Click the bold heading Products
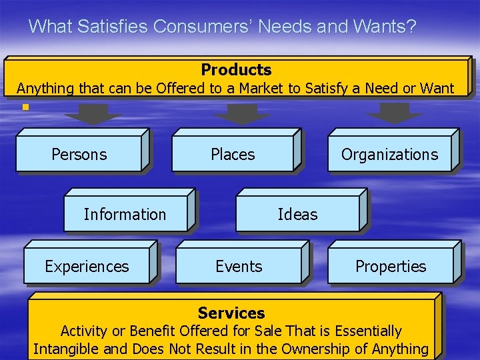[x=236, y=70]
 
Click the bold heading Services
[x=231, y=313]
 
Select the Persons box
[x=79, y=155]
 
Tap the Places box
[x=233, y=155]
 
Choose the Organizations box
[x=389, y=155]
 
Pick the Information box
[x=125, y=215]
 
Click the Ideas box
[x=297, y=215]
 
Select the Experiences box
[x=87, y=267]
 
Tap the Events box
[x=239, y=267]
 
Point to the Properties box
[x=391, y=267]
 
